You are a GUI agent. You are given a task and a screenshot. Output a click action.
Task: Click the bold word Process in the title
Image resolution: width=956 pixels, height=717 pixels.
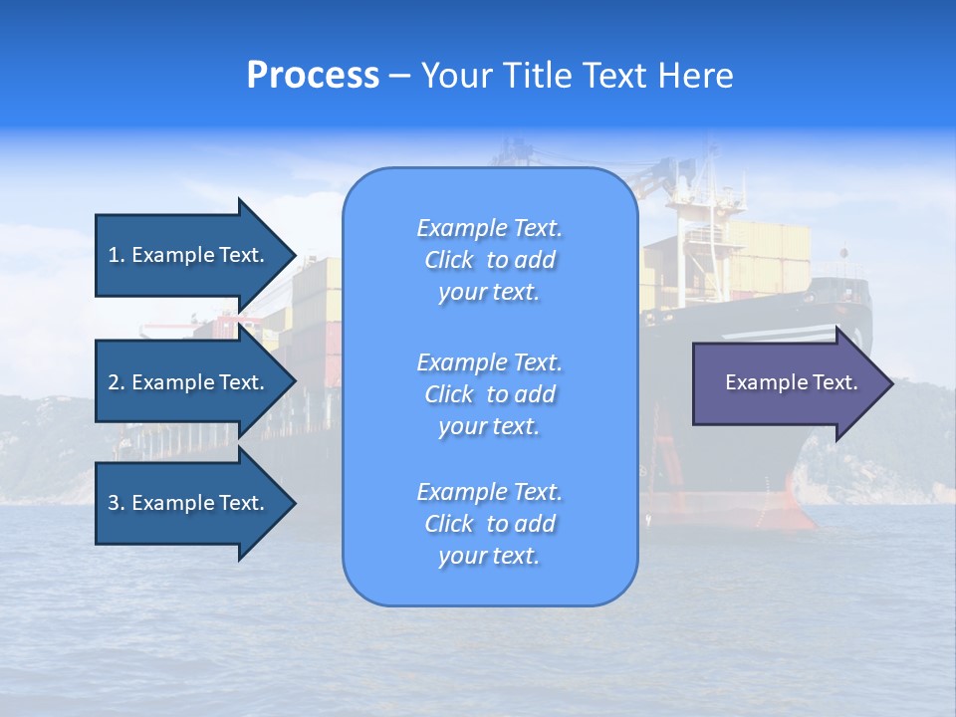click(313, 76)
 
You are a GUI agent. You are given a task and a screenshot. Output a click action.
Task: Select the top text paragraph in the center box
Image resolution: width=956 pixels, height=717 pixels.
click(489, 260)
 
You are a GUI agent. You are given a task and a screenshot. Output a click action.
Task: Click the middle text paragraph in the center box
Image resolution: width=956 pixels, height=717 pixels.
click(489, 394)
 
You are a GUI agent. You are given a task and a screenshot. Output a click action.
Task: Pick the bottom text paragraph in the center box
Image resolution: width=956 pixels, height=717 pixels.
click(489, 524)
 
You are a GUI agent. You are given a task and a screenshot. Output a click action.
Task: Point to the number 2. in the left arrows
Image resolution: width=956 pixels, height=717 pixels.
click(117, 382)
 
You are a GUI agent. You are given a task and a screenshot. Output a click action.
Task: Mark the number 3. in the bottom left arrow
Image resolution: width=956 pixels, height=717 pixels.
click(117, 503)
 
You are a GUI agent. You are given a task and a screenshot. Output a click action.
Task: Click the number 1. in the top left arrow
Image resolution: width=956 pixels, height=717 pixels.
click(117, 255)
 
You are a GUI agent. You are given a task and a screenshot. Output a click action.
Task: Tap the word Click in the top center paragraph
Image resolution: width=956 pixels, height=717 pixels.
click(449, 260)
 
